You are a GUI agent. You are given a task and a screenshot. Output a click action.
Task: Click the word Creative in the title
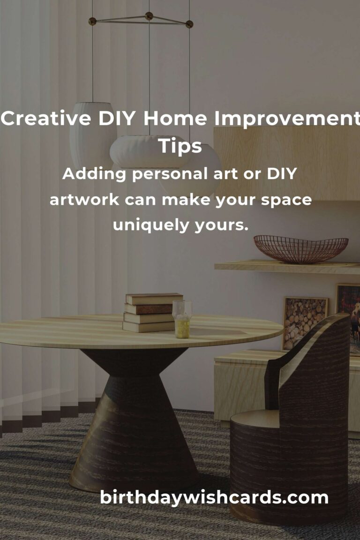click(45, 118)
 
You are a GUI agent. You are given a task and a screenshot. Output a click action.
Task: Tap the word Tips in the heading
click(180, 146)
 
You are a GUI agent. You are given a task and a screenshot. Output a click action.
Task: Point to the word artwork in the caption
click(84, 200)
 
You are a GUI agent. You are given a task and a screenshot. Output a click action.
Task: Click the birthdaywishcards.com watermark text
click(214, 498)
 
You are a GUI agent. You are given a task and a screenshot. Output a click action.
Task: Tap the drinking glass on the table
click(181, 319)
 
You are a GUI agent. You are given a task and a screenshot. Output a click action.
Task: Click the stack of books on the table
click(152, 312)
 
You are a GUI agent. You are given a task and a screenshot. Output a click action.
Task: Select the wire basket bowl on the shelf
click(301, 249)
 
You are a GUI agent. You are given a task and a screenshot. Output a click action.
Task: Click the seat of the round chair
click(255, 419)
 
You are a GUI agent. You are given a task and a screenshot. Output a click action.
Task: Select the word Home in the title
click(175, 118)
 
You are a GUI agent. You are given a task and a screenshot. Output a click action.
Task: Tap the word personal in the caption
click(170, 174)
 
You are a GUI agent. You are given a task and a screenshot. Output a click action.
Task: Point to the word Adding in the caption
click(94, 174)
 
